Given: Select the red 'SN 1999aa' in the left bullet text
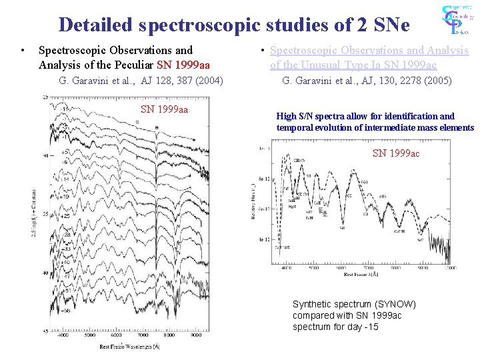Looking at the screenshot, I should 183,65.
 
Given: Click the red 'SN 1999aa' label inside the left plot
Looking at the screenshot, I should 164,109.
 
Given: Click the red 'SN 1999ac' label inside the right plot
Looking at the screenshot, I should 396,153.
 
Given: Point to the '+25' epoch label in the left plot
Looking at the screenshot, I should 67,217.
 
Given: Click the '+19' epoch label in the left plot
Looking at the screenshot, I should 66,197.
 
